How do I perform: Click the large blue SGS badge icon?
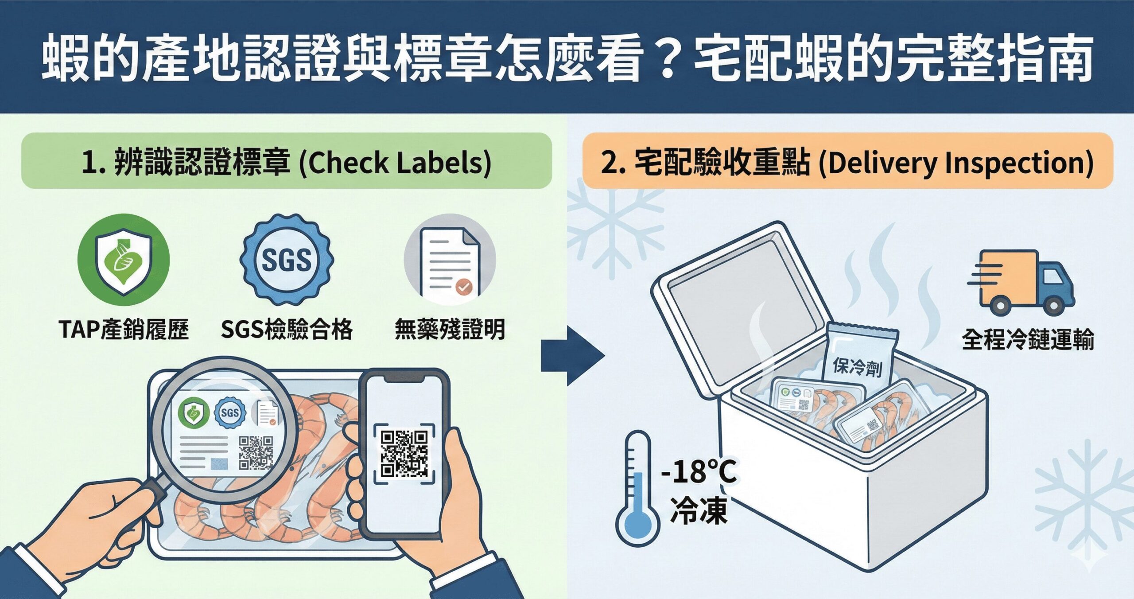[287, 260]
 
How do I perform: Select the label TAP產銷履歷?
[124, 330]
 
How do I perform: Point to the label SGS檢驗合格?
[287, 330]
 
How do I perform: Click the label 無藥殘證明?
[450, 330]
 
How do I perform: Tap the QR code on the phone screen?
[404, 454]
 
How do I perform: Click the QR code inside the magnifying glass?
[256, 452]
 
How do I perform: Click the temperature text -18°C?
[699, 472]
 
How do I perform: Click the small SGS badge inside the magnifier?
[230, 412]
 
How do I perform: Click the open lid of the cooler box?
[735, 306]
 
